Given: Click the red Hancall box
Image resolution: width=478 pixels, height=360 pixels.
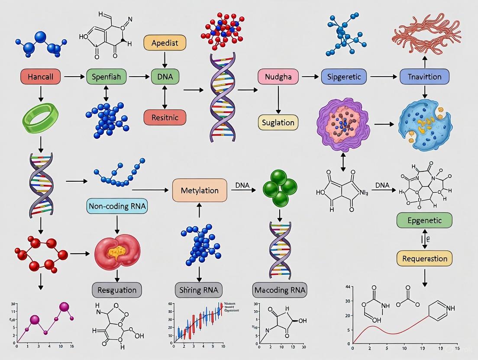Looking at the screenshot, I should [x=40, y=77].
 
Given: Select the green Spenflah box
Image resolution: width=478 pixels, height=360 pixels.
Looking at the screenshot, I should [x=107, y=77].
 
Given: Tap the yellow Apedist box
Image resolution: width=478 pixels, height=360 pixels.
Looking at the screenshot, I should [x=165, y=43].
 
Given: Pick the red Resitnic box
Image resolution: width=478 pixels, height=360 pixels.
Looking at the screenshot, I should [x=165, y=117].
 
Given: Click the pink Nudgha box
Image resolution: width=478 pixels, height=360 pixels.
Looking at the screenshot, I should [x=278, y=77].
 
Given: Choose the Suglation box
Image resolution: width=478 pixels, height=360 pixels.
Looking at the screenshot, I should [x=278, y=122].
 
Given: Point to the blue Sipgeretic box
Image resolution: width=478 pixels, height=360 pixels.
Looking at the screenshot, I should [x=344, y=77].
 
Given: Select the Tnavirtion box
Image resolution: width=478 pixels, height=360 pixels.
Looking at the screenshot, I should [x=425, y=77].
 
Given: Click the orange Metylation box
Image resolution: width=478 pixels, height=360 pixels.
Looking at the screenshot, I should [x=200, y=190].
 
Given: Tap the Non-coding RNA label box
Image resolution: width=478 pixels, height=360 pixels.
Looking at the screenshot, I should [x=117, y=206].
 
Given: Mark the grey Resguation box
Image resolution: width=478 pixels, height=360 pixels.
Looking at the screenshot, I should [x=117, y=289].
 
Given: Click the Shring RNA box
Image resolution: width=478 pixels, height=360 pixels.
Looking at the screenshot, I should [x=199, y=289].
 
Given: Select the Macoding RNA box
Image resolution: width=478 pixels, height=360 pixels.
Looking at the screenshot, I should [x=280, y=289].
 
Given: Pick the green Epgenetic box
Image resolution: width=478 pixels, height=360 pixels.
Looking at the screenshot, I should [x=424, y=220].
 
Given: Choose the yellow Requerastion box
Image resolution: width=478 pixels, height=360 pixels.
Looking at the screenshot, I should [x=424, y=259].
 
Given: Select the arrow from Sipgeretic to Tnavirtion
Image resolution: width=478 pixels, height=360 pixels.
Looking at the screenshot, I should [x=383, y=77].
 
